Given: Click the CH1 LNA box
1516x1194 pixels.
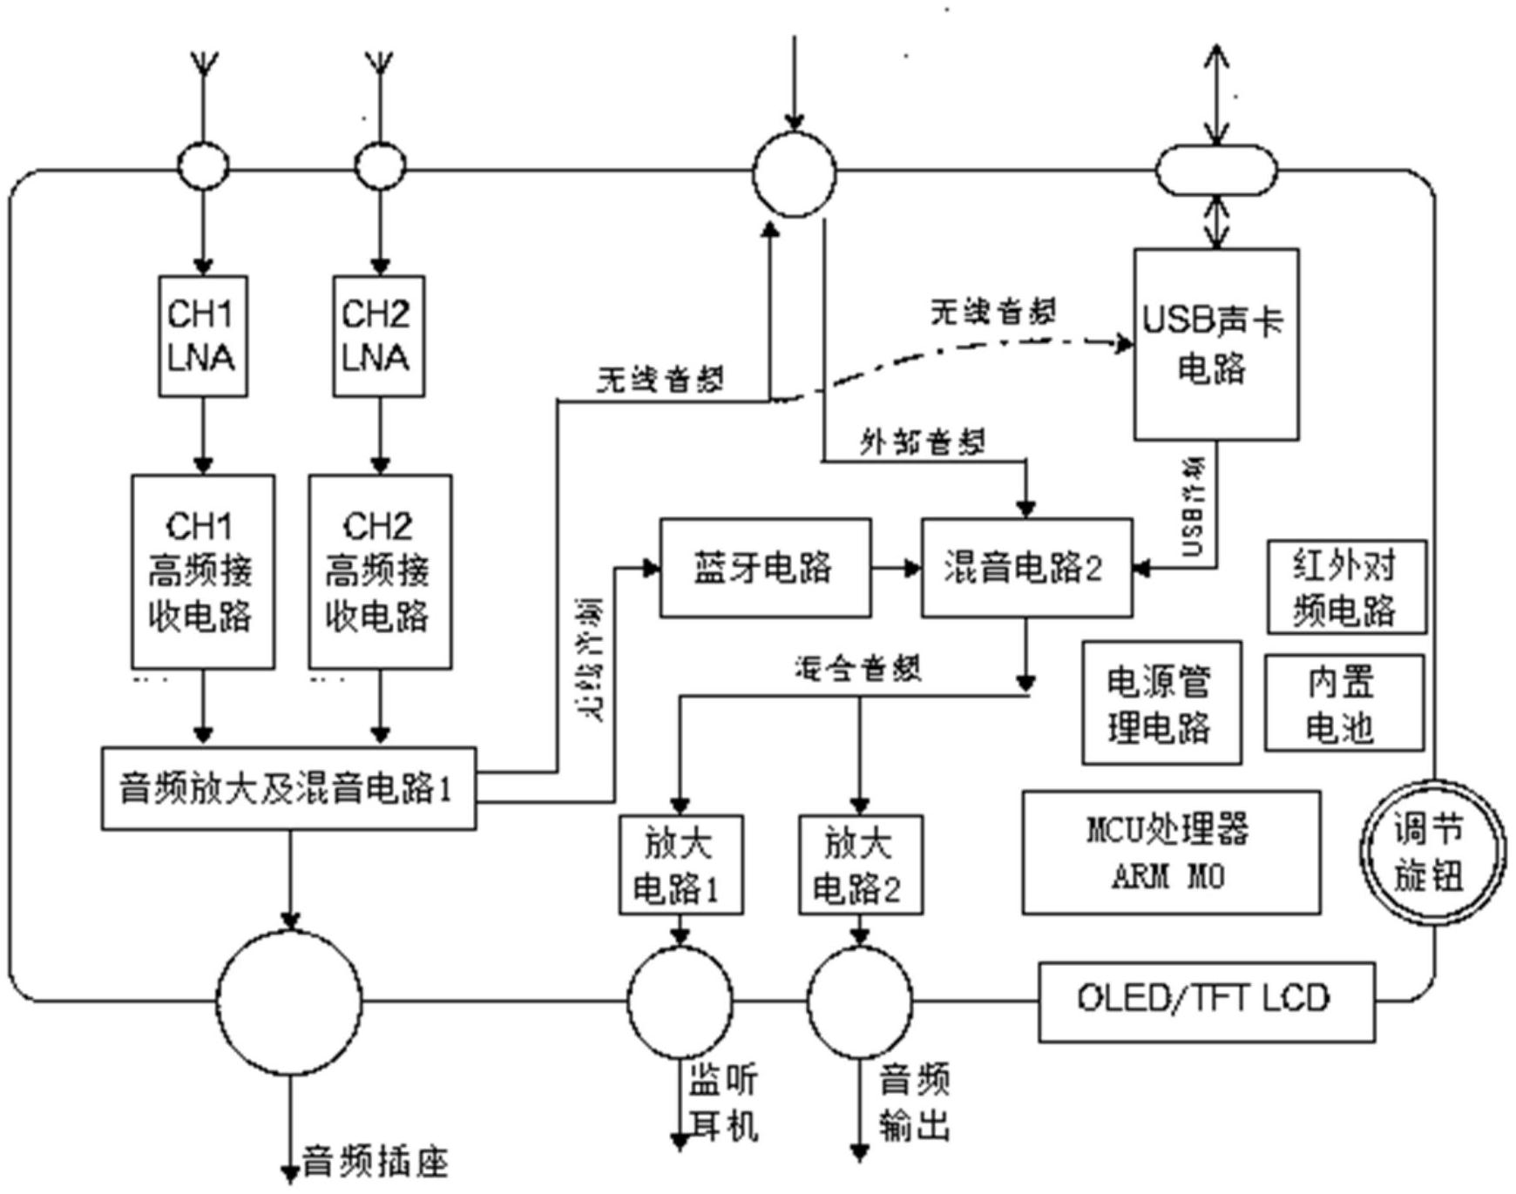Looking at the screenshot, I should (x=202, y=336).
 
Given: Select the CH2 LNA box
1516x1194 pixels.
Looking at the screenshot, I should (x=378, y=336).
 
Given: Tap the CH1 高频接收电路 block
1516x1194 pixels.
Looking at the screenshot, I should (x=202, y=572).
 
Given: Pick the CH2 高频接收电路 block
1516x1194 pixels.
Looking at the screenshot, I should (x=380, y=572).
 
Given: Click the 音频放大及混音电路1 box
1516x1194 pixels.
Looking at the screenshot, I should (x=288, y=788).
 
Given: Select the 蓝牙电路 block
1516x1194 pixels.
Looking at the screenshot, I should (x=764, y=568).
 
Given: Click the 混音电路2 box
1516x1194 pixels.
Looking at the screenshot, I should (x=1026, y=568).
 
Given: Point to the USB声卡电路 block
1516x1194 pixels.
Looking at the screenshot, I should (x=1215, y=345).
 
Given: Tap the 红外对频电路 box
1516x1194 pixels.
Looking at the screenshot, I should (x=1346, y=587).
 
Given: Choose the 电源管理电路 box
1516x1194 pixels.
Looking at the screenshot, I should (x=1161, y=703).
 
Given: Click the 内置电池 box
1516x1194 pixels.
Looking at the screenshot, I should (x=1343, y=703).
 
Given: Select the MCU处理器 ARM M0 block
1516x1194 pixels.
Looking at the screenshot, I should (x=1170, y=852).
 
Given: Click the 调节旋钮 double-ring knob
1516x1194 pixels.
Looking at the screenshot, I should (x=1432, y=852).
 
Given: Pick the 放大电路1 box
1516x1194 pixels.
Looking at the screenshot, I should (x=680, y=865).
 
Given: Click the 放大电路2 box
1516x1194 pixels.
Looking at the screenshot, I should (x=860, y=865).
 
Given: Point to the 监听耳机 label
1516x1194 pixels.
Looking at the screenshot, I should (x=723, y=1103).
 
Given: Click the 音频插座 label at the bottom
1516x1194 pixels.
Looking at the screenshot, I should (x=375, y=1162).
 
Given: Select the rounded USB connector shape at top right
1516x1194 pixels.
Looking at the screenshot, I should (x=1215, y=170).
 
